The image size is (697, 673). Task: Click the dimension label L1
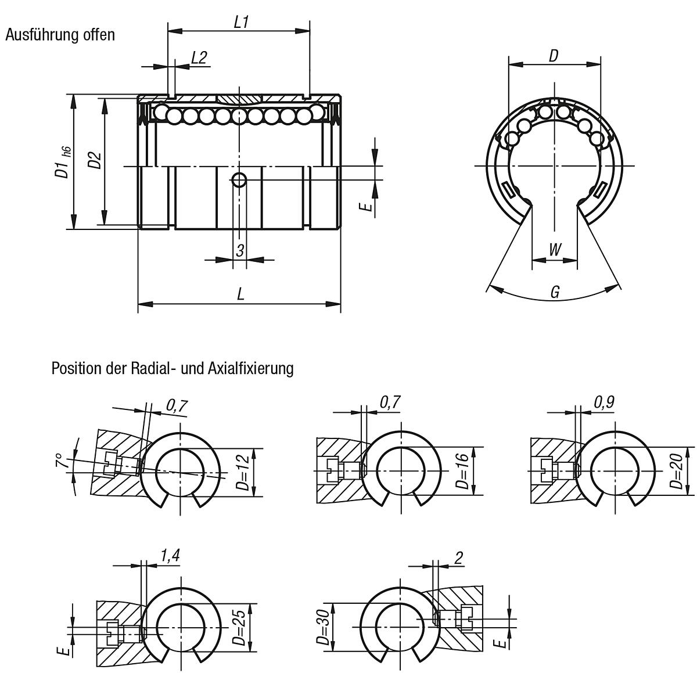pyautogui.click(x=241, y=22)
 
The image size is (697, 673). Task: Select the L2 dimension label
pyautogui.click(x=199, y=57)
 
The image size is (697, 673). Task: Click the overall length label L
pyautogui.click(x=240, y=294)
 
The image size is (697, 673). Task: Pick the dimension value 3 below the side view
pyautogui.click(x=239, y=251)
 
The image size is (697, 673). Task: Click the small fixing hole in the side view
pyautogui.click(x=239, y=180)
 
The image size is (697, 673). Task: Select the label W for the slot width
pyautogui.click(x=555, y=250)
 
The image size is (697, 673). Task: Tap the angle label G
pyautogui.click(x=555, y=292)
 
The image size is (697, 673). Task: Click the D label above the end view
pyautogui.click(x=554, y=56)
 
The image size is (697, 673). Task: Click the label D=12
pyautogui.click(x=244, y=472)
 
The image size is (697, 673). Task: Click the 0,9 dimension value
pyautogui.click(x=605, y=402)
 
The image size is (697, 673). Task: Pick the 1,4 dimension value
pyautogui.click(x=169, y=556)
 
